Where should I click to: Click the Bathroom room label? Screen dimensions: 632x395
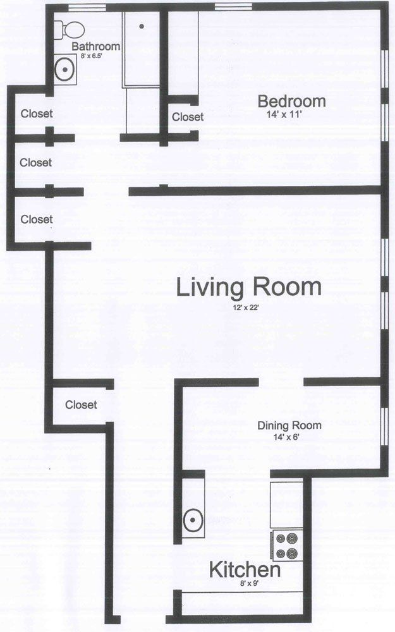[x=95, y=47]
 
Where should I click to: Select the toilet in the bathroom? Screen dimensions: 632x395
[x=68, y=29]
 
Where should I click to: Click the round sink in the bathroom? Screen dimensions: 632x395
[x=64, y=70]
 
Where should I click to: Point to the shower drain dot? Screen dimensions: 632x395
[x=142, y=26]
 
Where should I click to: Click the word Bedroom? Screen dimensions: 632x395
[x=291, y=101]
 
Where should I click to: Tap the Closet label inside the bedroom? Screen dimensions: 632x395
[x=188, y=117]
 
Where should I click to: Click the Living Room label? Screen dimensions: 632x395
[x=248, y=288]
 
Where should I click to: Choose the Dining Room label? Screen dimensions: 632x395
[x=289, y=425]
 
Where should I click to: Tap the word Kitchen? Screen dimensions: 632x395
[x=245, y=571]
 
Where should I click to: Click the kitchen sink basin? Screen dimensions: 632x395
[x=192, y=521]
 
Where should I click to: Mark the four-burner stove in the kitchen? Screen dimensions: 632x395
[x=288, y=545]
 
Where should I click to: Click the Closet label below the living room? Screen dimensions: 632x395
[x=81, y=404]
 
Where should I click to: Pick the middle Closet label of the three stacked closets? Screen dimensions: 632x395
[x=35, y=162]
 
